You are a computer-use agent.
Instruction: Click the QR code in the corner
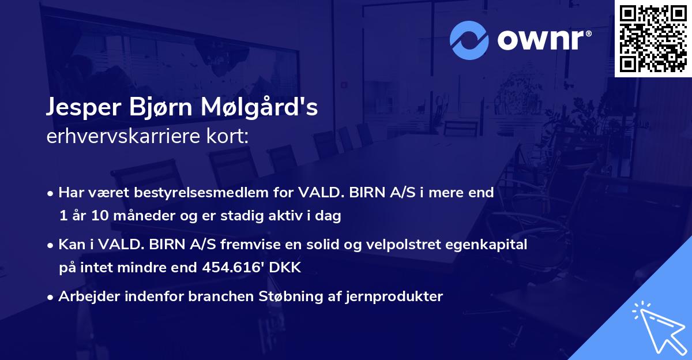[x=653, y=38]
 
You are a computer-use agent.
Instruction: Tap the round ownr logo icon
[x=469, y=39]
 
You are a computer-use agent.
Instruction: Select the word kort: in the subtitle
[x=228, y=137]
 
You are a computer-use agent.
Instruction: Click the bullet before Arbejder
[x=51, y=297]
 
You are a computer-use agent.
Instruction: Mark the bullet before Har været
[x=51, y=193]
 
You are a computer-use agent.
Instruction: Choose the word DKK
[x=286, y=268]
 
